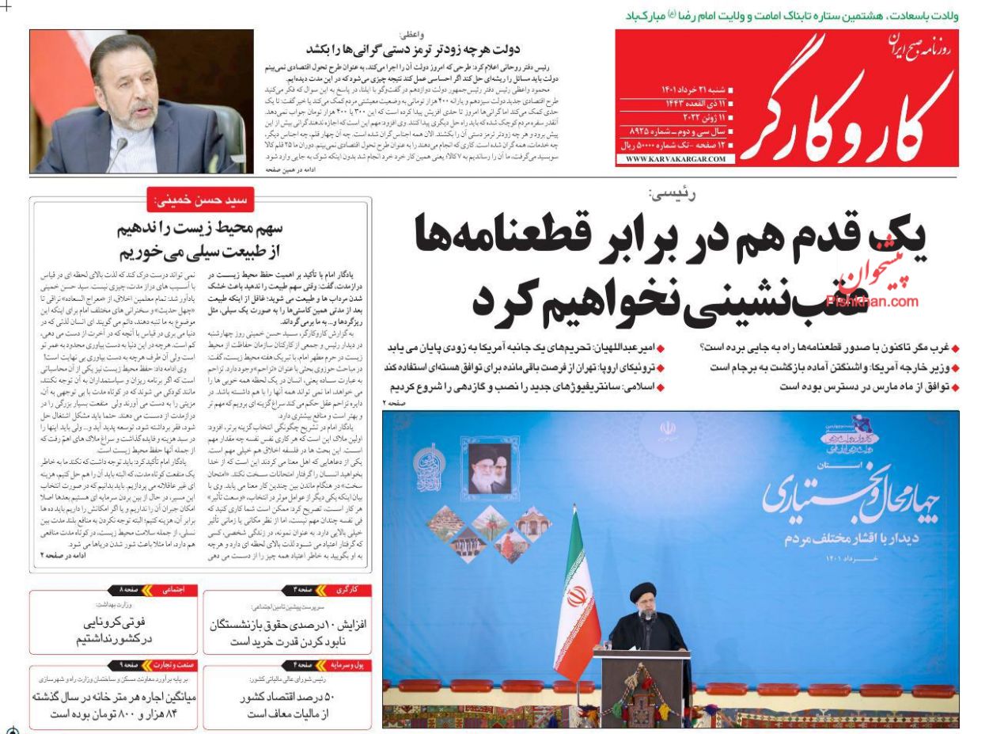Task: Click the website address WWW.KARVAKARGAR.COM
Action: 675,159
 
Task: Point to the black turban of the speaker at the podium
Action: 642,591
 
